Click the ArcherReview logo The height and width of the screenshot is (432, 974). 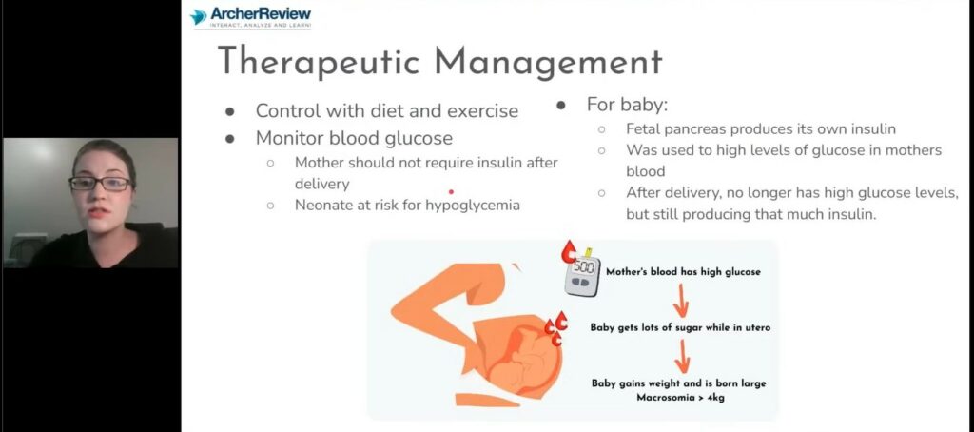[250, 17]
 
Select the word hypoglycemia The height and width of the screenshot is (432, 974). [473, 206]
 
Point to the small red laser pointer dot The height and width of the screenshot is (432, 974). [451, 192]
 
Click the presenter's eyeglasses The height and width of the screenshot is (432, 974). [100, 184]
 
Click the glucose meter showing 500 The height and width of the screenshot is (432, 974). [583, 275]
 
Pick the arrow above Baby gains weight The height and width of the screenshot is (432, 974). [682, 356]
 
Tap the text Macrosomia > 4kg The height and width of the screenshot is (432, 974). [679, 397]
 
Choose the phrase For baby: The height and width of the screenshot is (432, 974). [627, 105]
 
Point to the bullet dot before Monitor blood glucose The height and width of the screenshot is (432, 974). [230, 139]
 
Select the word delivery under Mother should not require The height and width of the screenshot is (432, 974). [321, 184]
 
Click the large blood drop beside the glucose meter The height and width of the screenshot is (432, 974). [568, 252]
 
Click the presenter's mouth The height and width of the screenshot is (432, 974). [99, 212]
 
